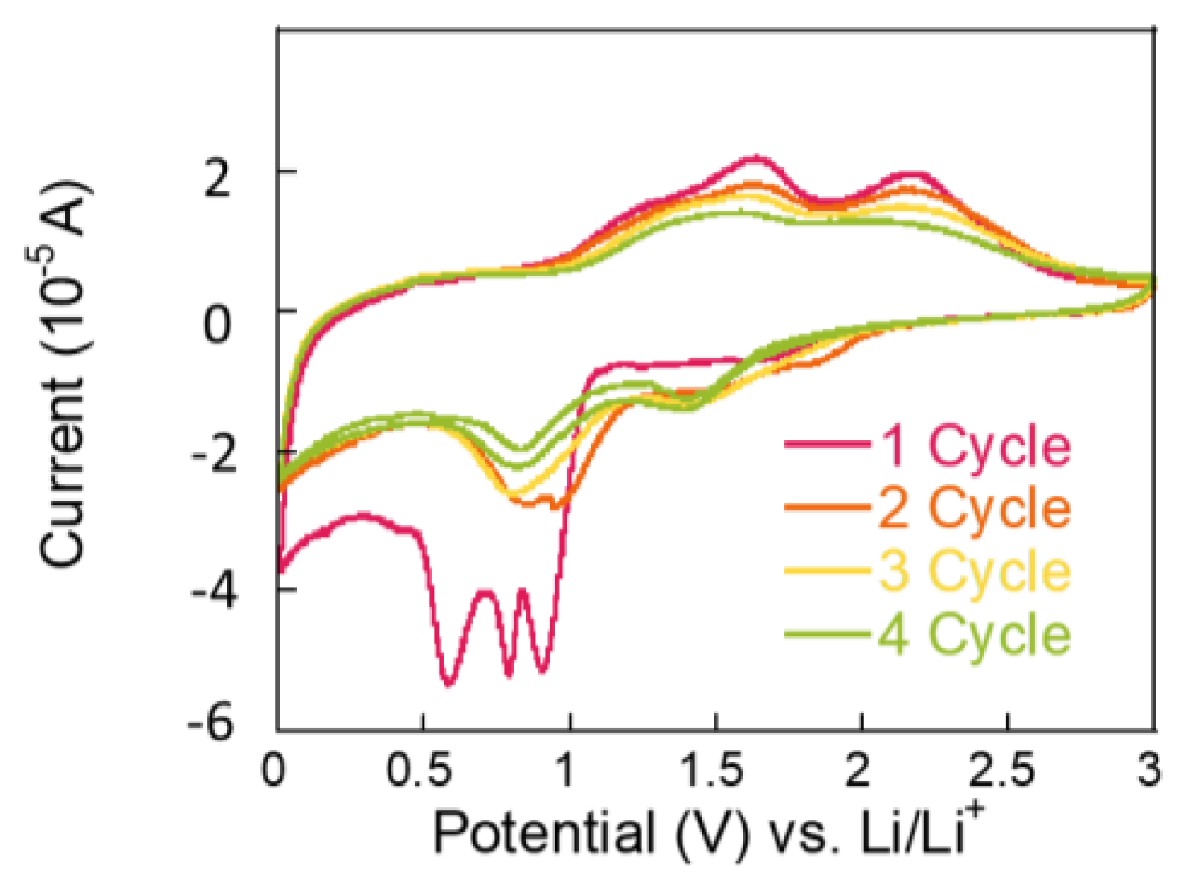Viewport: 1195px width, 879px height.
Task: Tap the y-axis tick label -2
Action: (x=213, y=456)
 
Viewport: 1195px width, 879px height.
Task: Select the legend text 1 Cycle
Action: (x=976, y=445)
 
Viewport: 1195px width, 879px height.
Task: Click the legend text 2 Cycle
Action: (x=976, y=508)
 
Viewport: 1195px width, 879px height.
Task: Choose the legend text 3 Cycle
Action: (x=976, y=571)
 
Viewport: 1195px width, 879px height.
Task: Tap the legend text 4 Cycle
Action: (x=976, y=635)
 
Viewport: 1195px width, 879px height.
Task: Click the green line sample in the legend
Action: (x=828, y=635)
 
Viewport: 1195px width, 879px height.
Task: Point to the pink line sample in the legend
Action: (x=828, y=444)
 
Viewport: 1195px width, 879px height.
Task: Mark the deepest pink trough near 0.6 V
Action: (x=448, y=683)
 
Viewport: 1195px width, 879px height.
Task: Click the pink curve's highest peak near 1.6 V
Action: (x=756, y=157)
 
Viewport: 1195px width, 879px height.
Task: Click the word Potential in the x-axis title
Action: (x=544, y=832)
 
